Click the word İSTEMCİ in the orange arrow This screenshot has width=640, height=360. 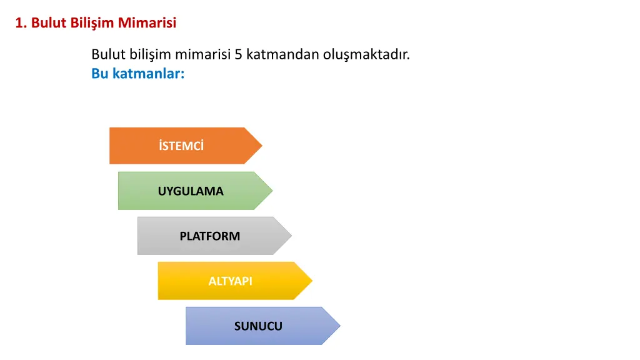pos(181,145)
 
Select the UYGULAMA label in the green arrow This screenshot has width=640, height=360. pos(191,191)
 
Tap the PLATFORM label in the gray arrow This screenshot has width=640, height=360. pos(210,236)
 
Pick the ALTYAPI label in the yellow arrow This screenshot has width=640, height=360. pos(230,281)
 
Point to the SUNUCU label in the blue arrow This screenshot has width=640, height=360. pos(258,326)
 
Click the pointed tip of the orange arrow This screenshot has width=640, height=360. pos(262,146)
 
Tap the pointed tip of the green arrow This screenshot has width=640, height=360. pos(272,191)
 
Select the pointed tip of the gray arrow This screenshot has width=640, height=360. pos(291,236)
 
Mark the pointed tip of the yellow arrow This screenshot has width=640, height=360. pos(312,281)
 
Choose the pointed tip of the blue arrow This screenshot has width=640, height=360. pos(340,326)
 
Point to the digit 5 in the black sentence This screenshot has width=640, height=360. pos(238,54)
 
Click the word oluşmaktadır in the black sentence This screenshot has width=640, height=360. pos(366,55)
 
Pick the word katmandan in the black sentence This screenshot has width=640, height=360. pos(282,54)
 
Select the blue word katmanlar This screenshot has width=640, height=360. pos(148,74)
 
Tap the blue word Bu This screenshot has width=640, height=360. pos(99,74)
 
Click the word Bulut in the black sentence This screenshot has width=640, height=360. pos(108,54)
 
